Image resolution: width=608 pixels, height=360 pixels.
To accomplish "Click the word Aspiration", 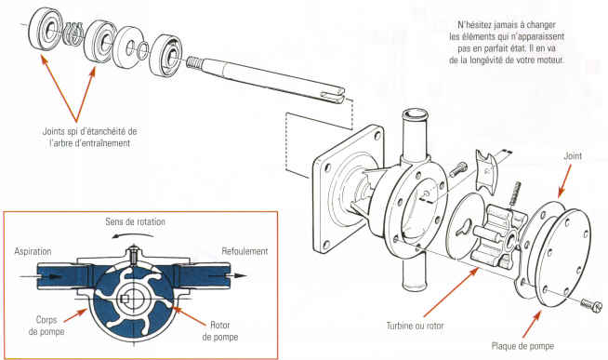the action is point(33,251).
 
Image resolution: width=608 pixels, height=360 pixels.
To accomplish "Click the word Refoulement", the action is point(245,251).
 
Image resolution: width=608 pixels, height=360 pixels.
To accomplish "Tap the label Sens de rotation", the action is point(136,221).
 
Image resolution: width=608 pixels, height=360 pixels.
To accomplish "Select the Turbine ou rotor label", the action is point(415,326).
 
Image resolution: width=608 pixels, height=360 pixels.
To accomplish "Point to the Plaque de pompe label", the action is point(522,346).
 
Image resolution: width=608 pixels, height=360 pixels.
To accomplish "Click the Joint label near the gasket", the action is point(573,156).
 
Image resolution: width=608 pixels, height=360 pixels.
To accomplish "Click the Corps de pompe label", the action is point(46,326).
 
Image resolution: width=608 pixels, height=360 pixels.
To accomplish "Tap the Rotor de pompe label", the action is point(220,331).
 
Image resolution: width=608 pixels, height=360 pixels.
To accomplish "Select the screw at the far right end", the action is point(591,304).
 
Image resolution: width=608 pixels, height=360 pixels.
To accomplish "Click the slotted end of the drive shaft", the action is point(336,95).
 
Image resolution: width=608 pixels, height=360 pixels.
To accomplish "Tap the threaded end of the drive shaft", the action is point(194,62).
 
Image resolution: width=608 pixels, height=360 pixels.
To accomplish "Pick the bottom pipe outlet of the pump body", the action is point(415,272).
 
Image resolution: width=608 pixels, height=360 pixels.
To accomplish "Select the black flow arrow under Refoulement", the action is point(228,276).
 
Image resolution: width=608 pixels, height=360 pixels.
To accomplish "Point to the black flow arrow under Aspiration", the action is point(41,276).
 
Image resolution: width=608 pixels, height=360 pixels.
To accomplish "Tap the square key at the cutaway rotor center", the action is point(124,299).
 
